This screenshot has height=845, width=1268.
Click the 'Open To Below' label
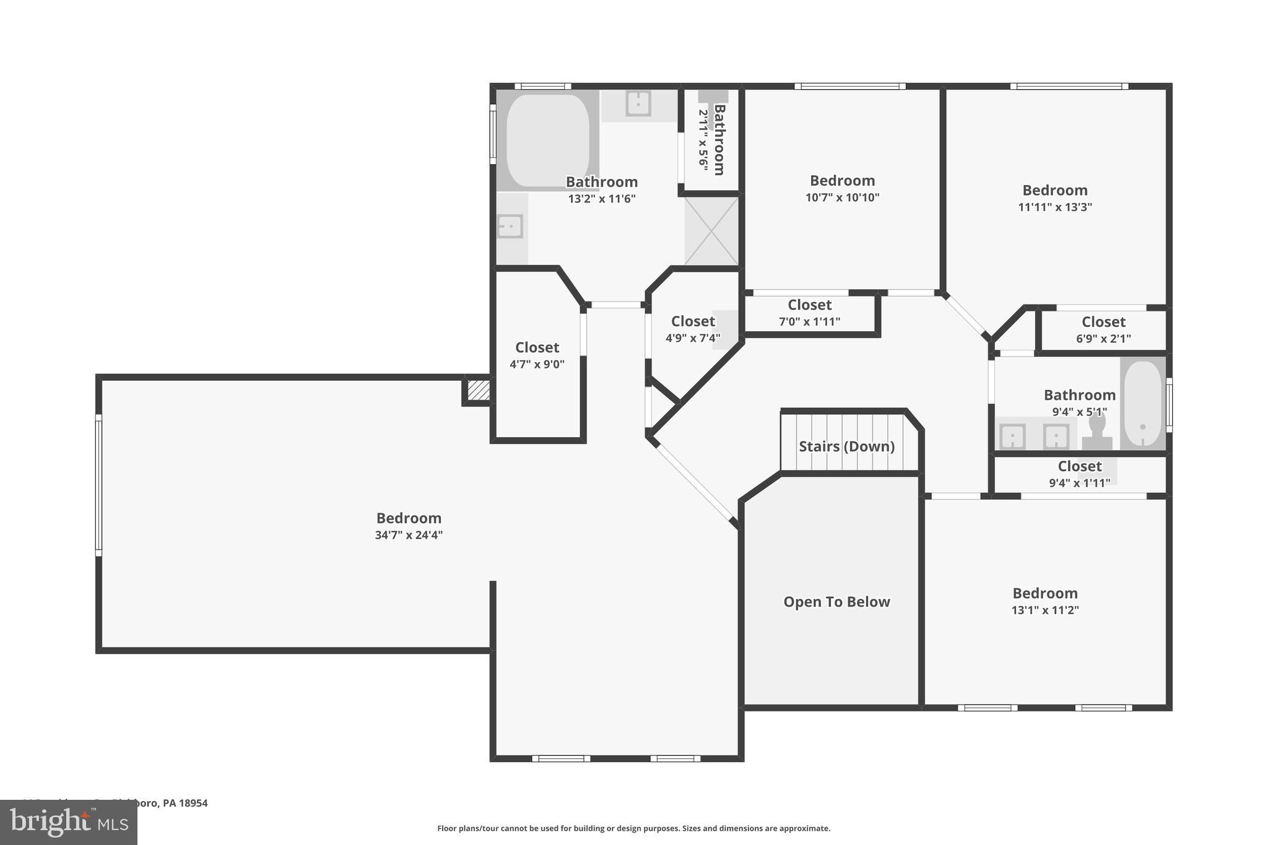tap(836, 602)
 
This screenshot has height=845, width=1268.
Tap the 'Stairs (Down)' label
tap(846, 446)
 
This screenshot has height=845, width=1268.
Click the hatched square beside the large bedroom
tap(478, 391)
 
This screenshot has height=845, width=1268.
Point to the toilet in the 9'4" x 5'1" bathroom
tap(1096, 433)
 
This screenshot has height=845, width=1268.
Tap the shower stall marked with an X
tap(711, 231)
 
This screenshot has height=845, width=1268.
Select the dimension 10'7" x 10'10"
tap(842, 198)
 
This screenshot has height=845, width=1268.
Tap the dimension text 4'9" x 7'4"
tap(693, 339)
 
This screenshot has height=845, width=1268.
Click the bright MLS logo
tap(69, 822)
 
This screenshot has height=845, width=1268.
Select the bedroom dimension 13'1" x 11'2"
tap(1045, 610)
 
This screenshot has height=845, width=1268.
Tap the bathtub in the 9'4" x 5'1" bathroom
tap(1143, 404)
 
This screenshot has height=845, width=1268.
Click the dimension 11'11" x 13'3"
tap(1055, 207)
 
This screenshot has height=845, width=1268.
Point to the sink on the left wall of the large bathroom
tap(510, 227)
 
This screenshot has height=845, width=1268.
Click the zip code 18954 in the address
tap(193, 803)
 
